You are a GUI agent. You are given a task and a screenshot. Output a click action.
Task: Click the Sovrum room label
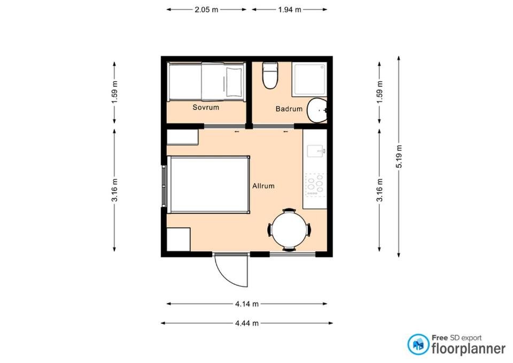pos(206,107)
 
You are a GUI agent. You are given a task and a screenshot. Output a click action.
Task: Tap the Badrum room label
pos(289,109)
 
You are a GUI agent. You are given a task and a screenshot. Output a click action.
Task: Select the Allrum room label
pos(263,186)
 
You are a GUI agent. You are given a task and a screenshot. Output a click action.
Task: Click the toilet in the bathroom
pos(270,75)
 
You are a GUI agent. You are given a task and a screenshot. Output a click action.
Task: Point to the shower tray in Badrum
pos(309,80)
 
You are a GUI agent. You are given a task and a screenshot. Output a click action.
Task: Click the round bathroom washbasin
pos(317,110)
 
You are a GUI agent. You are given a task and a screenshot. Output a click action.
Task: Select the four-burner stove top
pos(315,185)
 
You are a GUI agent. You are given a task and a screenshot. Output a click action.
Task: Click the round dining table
pos(289,230)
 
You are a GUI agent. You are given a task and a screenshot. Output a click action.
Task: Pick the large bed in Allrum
pos(208,184)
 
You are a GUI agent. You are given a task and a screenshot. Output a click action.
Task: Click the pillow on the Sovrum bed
pos(234,81)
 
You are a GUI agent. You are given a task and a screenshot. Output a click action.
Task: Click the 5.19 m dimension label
pos(399,157)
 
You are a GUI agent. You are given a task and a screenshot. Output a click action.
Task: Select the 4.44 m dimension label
pos(247,323)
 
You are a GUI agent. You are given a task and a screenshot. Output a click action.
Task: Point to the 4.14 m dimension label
pos(247,304)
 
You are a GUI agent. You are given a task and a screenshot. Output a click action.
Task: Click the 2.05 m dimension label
pos(206,10)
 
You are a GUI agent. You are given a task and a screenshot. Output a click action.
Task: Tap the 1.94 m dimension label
pos(290,10)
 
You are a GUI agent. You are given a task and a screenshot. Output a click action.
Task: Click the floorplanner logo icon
pos(418,344)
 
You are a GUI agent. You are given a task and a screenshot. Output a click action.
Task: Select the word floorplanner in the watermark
pos(469,348)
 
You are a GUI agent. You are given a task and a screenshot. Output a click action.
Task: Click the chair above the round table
pos(289,210)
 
